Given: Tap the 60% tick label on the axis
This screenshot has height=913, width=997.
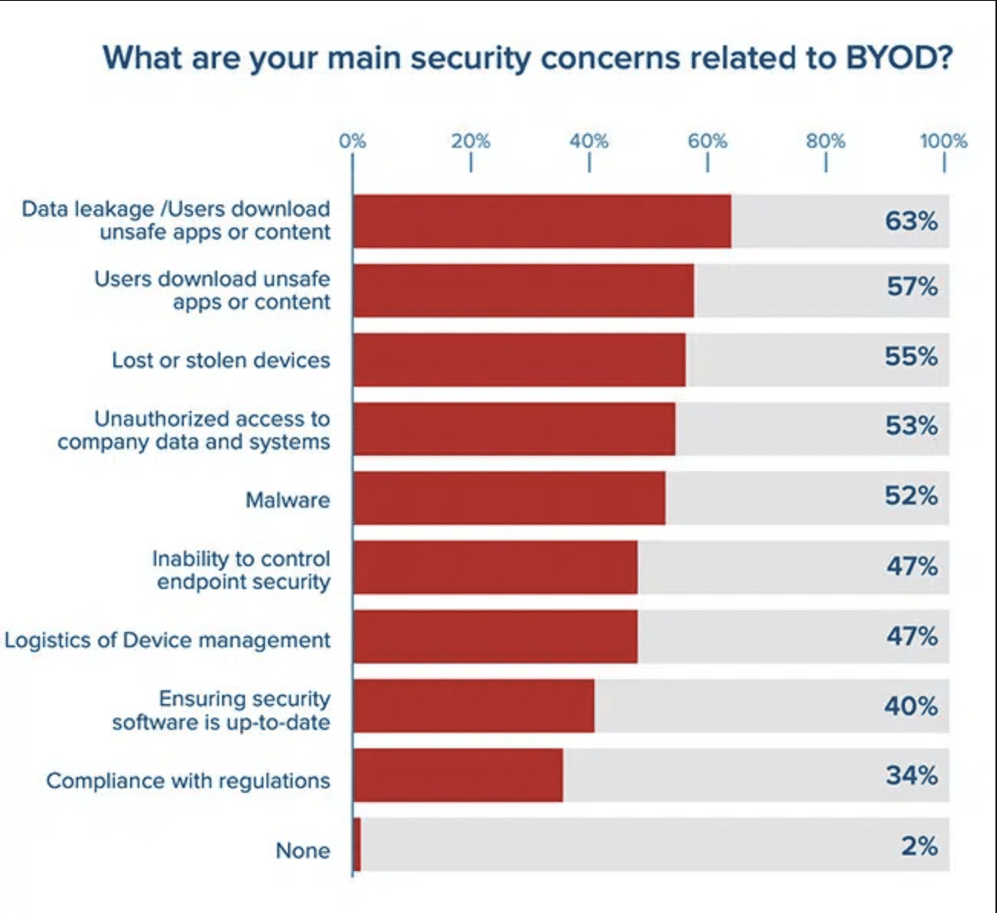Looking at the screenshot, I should pyautogui.click(x=707, y=141).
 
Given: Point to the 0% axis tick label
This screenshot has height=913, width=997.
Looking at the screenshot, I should pyautogui.click(x=352, y=141).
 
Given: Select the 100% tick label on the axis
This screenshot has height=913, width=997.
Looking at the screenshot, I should pyautogui.click(x=943, y=141).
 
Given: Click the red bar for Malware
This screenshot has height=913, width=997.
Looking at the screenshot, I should pyautogui.click(x=509, y=498).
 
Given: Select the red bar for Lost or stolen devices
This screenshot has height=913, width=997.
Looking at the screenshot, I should pyautogui.click(x=519, y=359).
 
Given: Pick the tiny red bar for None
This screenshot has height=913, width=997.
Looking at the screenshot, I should pyautogui.click(x=357, y=844).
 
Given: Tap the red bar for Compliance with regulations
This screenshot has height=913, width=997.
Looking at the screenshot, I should pyautogui.click(x=458, y=775).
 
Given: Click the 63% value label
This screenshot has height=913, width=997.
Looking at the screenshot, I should pyautogui.click(x=911, y=221).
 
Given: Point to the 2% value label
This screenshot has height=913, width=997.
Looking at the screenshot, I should pyautogui.click(x=919, y=846).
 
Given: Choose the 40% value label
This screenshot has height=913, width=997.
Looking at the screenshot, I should pyautogui.click(x=911, y=705).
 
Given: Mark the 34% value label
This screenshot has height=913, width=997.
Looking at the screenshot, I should pyautogui.click(x=911, y=775).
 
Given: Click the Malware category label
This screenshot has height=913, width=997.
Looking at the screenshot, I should pyautogui.click(x=288, y=500).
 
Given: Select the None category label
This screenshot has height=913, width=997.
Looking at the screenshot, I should pyautogui.click(x=303, y=850).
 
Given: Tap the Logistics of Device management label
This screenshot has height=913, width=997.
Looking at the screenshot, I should pyautogui.click(x=168, y=640).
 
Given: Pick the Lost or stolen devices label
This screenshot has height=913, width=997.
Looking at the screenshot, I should pyautogui.click(x=221, y=360).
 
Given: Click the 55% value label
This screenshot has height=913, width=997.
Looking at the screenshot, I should pyautogui.click(x=911, y=356).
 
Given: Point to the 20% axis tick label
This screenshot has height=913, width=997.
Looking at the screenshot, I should pyautogui.click(x=470, y=141).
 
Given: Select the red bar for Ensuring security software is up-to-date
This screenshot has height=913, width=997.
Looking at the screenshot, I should pyautogui.click(x=473, y=705).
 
